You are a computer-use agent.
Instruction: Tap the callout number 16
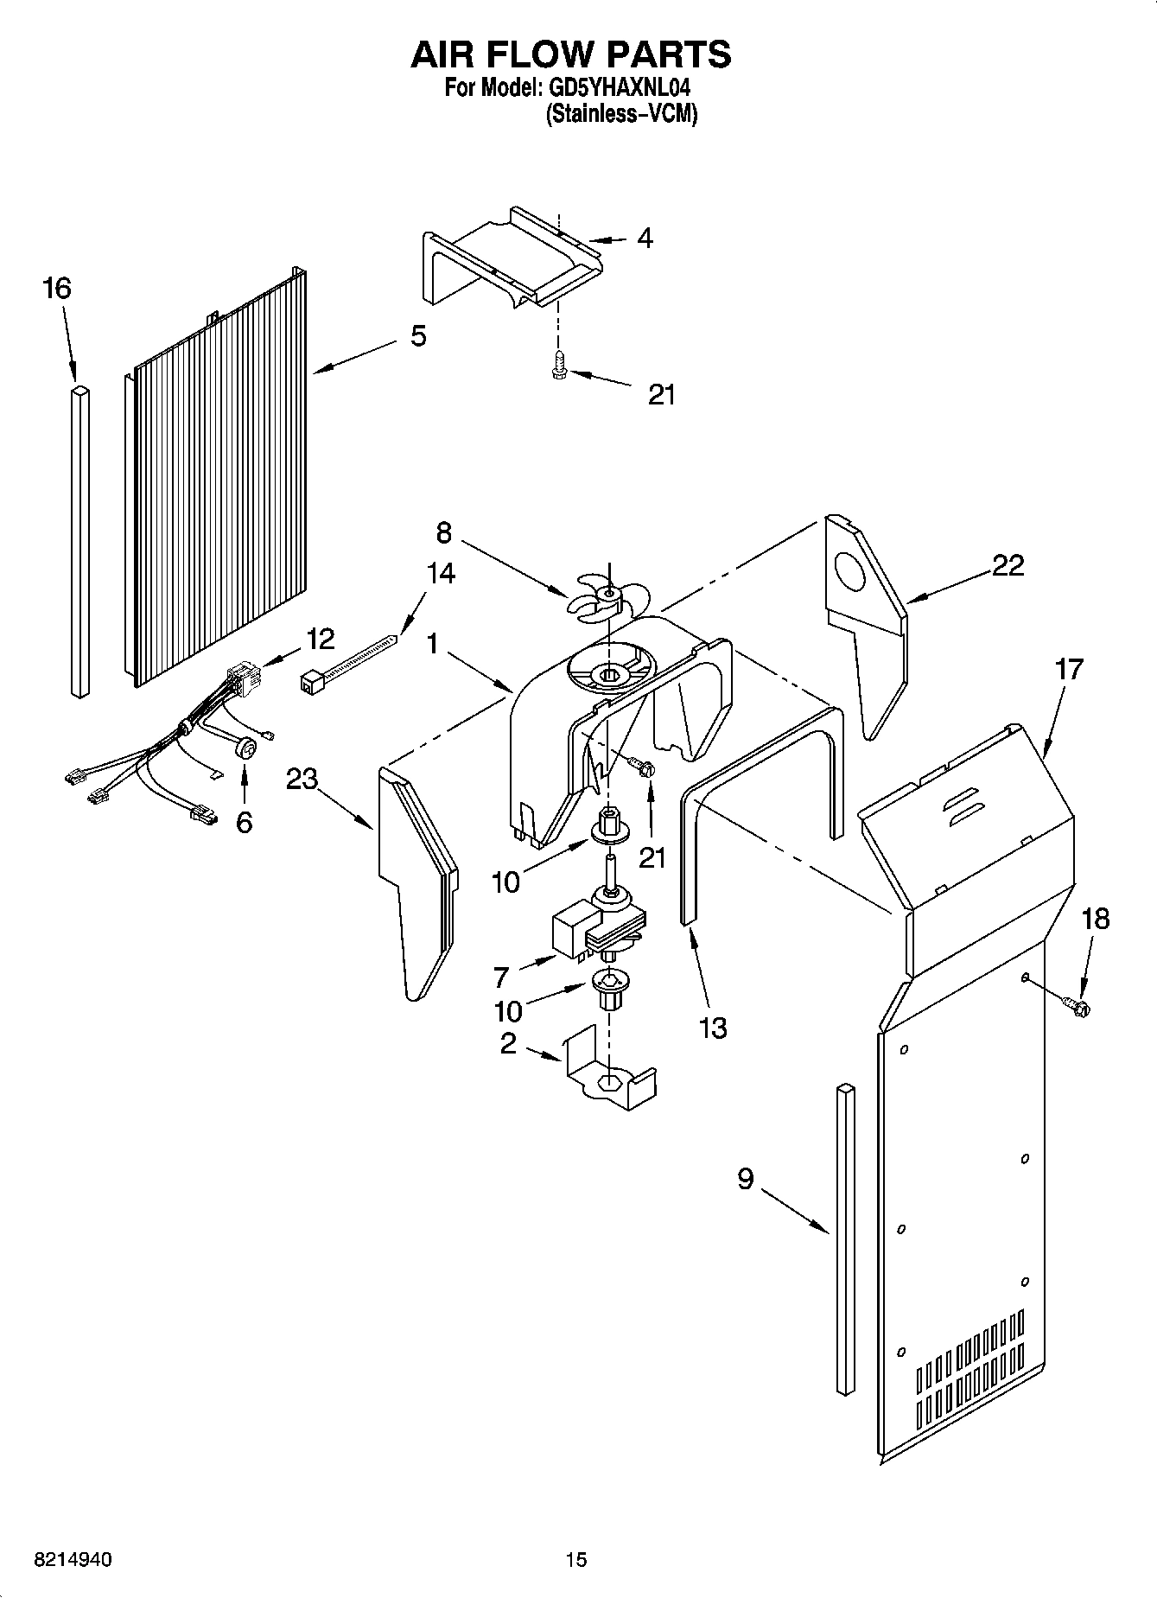point(57,289)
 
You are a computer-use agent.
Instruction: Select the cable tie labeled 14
point(350,662)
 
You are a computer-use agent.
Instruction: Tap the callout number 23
point(302,779)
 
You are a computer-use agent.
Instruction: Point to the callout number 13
point(713,1028)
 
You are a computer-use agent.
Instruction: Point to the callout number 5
point(417,335)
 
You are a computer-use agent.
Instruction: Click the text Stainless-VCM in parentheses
point(620,113)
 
